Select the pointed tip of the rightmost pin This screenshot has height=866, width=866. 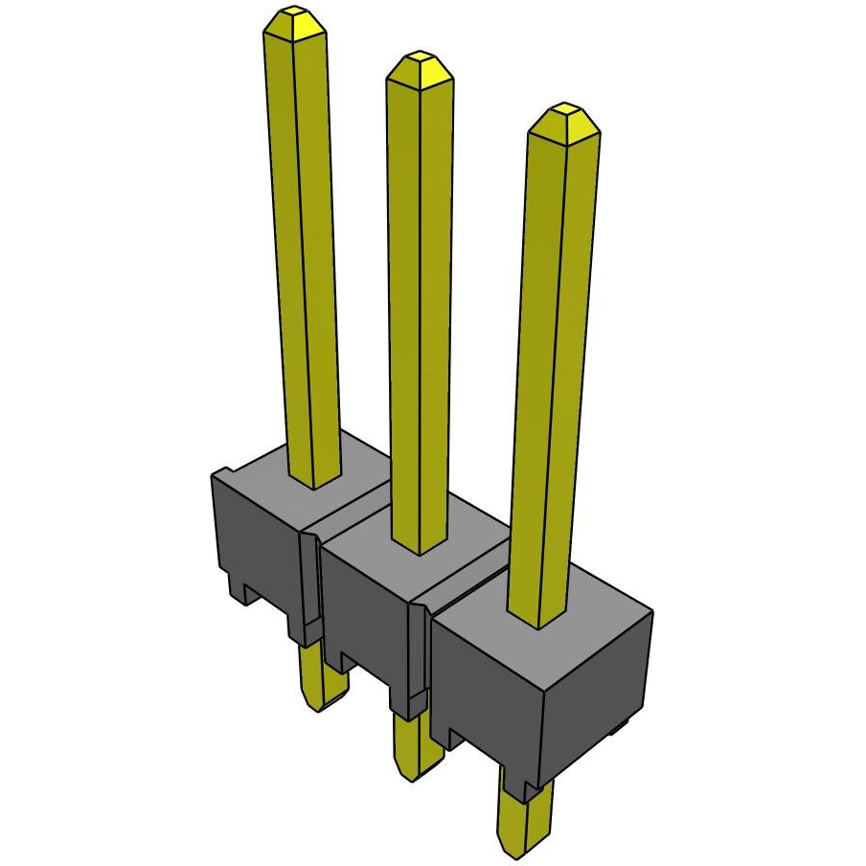coord(565,119)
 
